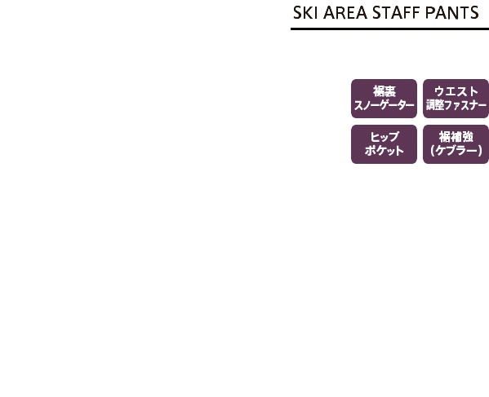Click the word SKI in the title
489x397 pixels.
point(304,13)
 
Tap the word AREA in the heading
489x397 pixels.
point(345,13)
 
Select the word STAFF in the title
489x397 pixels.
point(396,13)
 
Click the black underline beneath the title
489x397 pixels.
point(390,29)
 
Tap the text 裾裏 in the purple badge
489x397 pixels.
point(385,91)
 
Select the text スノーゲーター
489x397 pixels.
point(384,105)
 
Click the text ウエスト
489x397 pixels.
point(456,91)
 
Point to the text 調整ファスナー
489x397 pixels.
point(456,105)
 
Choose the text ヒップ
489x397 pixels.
point(385,137)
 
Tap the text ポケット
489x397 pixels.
point(385,151)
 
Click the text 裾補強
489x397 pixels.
point(456,137)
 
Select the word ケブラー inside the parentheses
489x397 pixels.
point(456,151)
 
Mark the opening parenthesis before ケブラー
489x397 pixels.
point(432,151)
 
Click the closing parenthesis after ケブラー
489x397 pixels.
point(480,151)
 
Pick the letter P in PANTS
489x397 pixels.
point(430,13)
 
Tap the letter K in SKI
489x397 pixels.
point(307,13)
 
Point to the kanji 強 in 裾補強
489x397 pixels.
point(468,137)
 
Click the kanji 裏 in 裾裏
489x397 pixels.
point(390,91)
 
